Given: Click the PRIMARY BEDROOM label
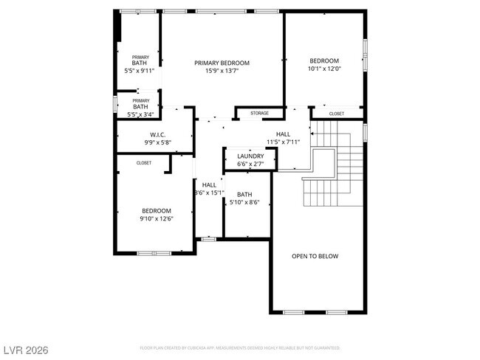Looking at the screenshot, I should (222, 63).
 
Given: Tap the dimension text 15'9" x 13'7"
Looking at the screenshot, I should (222, 72).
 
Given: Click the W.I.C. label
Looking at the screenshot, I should (157, 135).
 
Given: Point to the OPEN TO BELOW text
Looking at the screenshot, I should (315, 256).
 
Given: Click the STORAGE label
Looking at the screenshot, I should (259, 113).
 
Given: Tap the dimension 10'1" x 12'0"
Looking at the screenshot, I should (323, 69).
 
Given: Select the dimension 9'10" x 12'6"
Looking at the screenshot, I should (156, 218).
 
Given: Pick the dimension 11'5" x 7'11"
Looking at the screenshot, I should (283, 142).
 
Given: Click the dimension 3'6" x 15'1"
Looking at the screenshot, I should (209, 193).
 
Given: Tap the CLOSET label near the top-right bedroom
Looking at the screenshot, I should (336, 114).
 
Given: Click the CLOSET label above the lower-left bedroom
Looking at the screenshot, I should (144, 163).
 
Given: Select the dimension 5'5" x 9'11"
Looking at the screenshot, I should (140, 72).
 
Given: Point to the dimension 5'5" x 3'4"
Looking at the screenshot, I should (140, 114).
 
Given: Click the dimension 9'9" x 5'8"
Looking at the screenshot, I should (157, 142).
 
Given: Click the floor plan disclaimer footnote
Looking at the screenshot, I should (240, 347).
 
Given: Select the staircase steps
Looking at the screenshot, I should (336, 173).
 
